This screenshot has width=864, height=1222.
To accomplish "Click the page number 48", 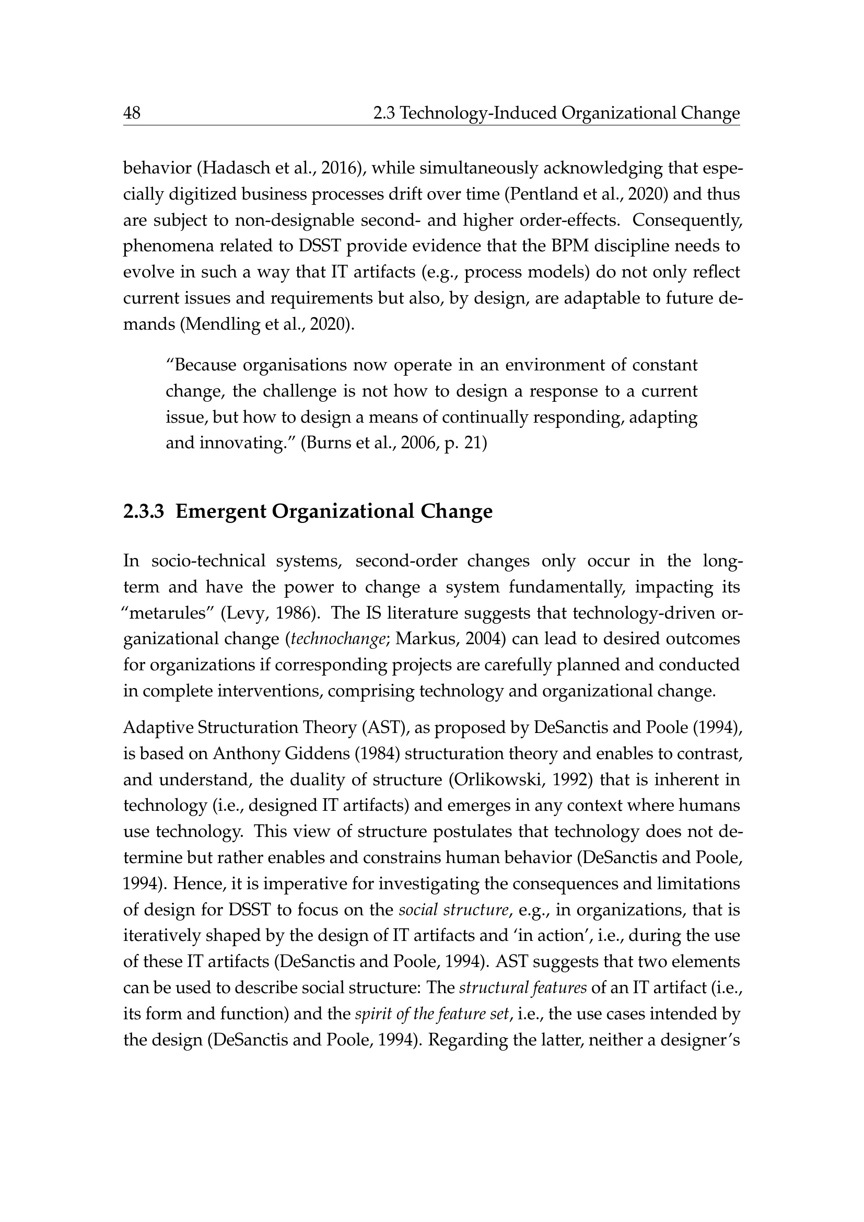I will (x=132, y=113).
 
